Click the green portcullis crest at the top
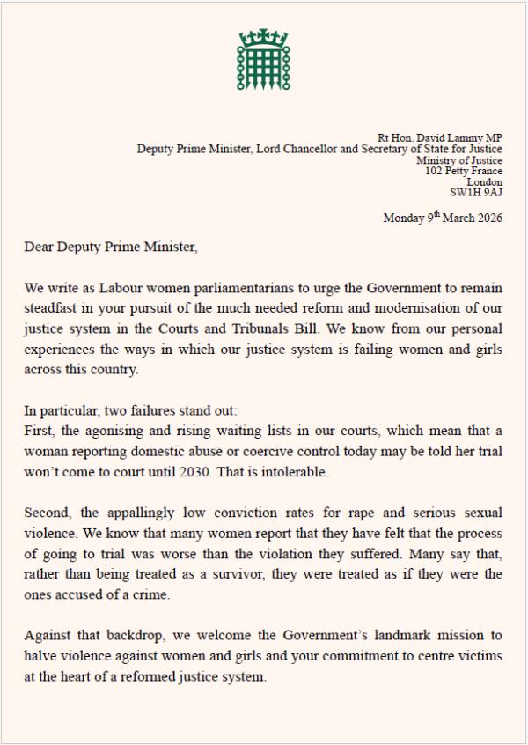(x=263, y=59)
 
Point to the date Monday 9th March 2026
(x=443, y=218)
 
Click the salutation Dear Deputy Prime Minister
(x=111, y=247)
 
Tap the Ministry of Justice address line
(x=460, y=160)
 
